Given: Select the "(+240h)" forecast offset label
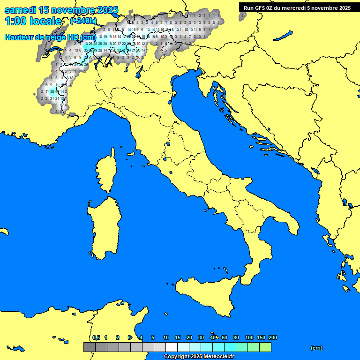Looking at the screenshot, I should [x=83, y=21].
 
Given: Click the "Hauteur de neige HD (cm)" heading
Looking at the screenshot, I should [x=50, y=37].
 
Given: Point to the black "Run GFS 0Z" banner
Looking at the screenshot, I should [x=297, y=7].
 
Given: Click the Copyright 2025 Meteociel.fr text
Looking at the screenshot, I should [x=199, y=356].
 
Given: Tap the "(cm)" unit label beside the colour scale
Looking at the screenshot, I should [x=316, y=348].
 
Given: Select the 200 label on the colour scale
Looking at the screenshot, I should [x=272, y=337].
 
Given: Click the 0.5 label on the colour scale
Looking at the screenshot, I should [x=96, y=337].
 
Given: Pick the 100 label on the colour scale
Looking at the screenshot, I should [x=249, y=337].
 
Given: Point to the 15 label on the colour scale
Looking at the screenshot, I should [x=178, y=337].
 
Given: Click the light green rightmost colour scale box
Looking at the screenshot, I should [x=265, y=347].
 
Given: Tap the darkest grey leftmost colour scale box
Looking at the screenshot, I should [x=89, y=347].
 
